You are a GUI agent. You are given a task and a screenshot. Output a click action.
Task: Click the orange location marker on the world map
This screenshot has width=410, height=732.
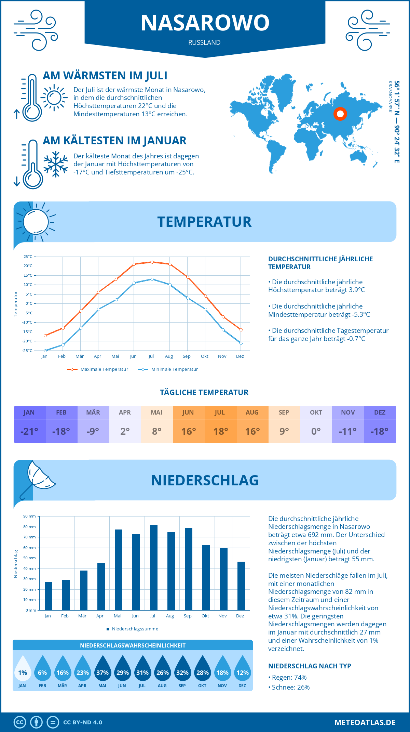pos(340,114)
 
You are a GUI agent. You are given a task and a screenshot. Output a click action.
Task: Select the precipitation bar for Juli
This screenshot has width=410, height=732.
pos(153,567)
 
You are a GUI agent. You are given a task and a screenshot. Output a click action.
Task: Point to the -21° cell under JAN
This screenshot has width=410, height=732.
pos(29,431)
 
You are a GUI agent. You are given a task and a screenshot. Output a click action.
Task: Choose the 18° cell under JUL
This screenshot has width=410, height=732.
pos(220,431)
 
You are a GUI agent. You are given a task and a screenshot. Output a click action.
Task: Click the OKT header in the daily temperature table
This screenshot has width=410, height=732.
pos(316,413)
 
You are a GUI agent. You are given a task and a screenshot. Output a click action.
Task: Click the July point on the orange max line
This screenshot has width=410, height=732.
pos(152,262)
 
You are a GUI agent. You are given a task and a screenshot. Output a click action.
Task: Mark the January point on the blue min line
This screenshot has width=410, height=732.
pos(45,351)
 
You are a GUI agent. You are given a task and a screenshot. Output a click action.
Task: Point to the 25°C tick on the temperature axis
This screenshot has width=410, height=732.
pos(28,257)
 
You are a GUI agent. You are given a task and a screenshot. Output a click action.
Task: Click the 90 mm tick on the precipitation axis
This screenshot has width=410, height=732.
pos(30,516)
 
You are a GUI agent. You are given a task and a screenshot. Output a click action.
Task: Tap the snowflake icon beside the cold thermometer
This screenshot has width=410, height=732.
pos(56,164)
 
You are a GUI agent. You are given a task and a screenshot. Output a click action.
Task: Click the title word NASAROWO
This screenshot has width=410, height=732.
pos(205,23)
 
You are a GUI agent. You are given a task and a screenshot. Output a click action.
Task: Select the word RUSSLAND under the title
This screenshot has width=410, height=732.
pos(204,42)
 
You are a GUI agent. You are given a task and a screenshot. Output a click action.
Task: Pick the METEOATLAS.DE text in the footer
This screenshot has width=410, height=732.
pos(365,722)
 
